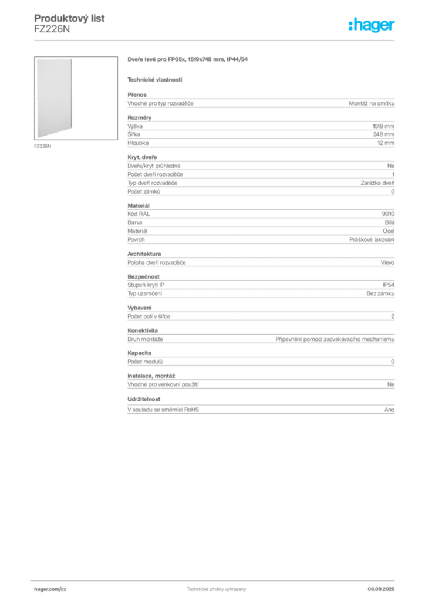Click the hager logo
point(372,25)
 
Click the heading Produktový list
point(69,18)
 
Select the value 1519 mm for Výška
point(383,126)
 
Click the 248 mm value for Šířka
point(383,134)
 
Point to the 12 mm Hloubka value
point(386,143)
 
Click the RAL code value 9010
point(388,214)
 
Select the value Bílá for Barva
point(390,222)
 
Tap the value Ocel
point(389,231)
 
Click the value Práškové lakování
point(372,239)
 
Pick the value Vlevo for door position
point(387,262)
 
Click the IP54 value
point(389,285)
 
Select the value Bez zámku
point(380,293)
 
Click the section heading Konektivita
point(143,330)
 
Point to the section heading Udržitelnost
point(144,399)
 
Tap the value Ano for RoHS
point(389,410)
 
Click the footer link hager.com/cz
point(50,589)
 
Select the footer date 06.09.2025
point(381,589)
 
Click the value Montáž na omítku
point(372,103)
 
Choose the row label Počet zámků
point(144,192)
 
